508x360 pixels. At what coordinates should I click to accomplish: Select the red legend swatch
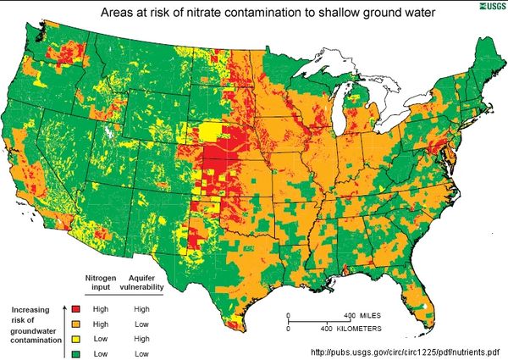(76, 309)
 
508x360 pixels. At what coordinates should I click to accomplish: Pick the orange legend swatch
(76, 323)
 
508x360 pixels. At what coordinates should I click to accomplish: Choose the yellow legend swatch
(76, 337)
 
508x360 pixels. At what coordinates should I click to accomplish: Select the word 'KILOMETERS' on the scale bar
(355, 327)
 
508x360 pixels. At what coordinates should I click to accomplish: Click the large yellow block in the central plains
(208, 132)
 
